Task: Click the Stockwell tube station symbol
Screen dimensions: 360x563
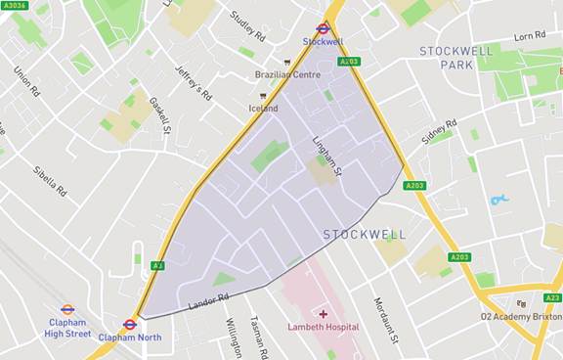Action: [323, 28]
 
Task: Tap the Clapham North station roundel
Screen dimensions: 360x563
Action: [130, 325]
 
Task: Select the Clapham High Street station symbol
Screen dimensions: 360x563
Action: [67, 309]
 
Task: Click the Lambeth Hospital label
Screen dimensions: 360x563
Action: [323, 327]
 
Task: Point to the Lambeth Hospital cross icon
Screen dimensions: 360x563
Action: [323, 314]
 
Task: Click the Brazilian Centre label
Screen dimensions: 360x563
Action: [287, 74]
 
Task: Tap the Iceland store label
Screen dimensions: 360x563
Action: [263, 108]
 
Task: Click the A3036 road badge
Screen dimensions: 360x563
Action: [15, 5]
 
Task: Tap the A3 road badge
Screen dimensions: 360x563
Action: [156, 265]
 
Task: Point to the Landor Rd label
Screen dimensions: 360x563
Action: [207, 303]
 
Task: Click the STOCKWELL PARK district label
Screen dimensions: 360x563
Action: [459, 58]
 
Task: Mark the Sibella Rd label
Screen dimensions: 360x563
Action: [48, 176]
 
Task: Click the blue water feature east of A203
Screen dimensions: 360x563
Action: [499, 200]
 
